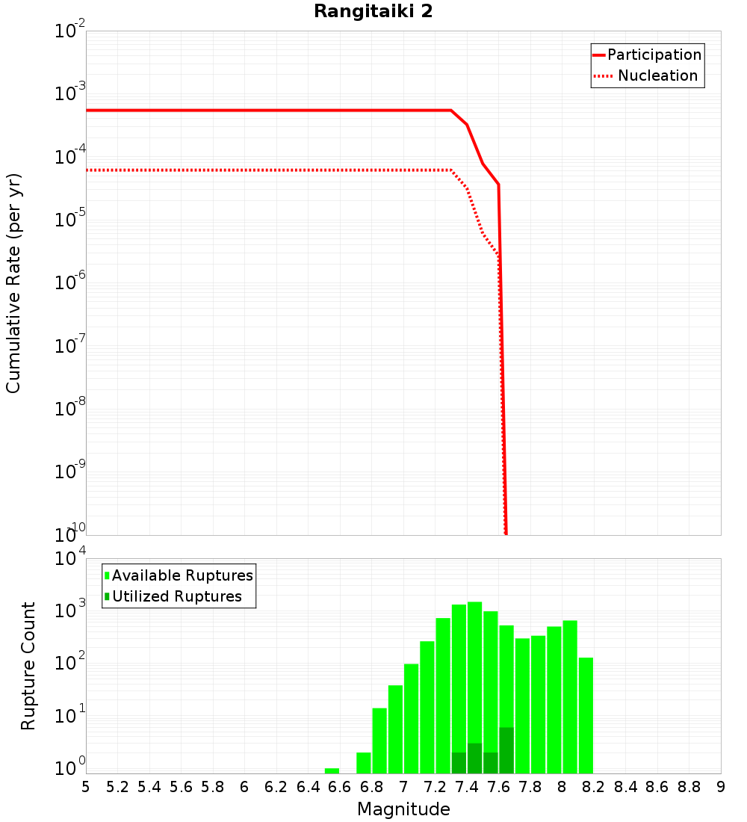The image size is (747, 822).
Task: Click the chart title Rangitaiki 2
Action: point(373,12)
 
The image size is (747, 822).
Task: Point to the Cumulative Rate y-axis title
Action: point(13,283)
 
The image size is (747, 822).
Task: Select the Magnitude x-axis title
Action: point(403,809)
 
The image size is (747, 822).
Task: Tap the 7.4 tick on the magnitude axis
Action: point(467,787)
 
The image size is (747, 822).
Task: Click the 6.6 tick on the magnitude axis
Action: point(340,787)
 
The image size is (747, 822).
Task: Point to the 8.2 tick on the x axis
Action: point(594,787)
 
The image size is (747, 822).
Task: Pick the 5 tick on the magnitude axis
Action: point(86,787)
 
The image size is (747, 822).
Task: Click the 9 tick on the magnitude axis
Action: point(721,787)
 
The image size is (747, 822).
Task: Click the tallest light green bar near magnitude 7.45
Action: point(474,673)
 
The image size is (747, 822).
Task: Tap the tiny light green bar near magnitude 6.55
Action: point(332,770)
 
